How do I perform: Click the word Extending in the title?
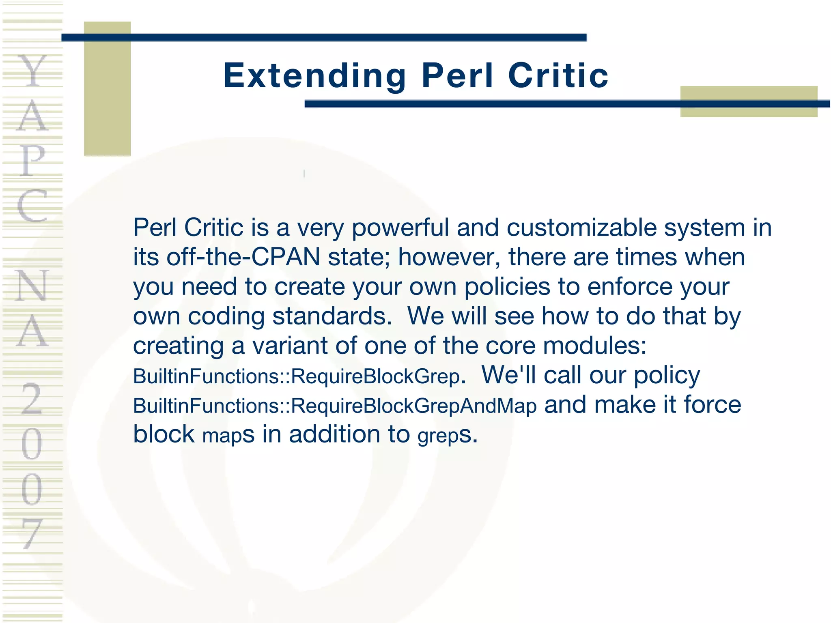pos(314,76)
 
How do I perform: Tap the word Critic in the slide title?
pos(558,76)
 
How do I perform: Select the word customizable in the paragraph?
pos(581,228)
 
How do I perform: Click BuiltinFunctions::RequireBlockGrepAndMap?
pos(335,406)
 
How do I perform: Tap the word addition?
pos(335,434)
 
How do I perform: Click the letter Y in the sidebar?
pos(32,71)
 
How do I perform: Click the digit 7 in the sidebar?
pos(32,533)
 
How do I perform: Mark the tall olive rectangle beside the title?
pos(107,88)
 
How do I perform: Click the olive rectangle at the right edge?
pos(749,101)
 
